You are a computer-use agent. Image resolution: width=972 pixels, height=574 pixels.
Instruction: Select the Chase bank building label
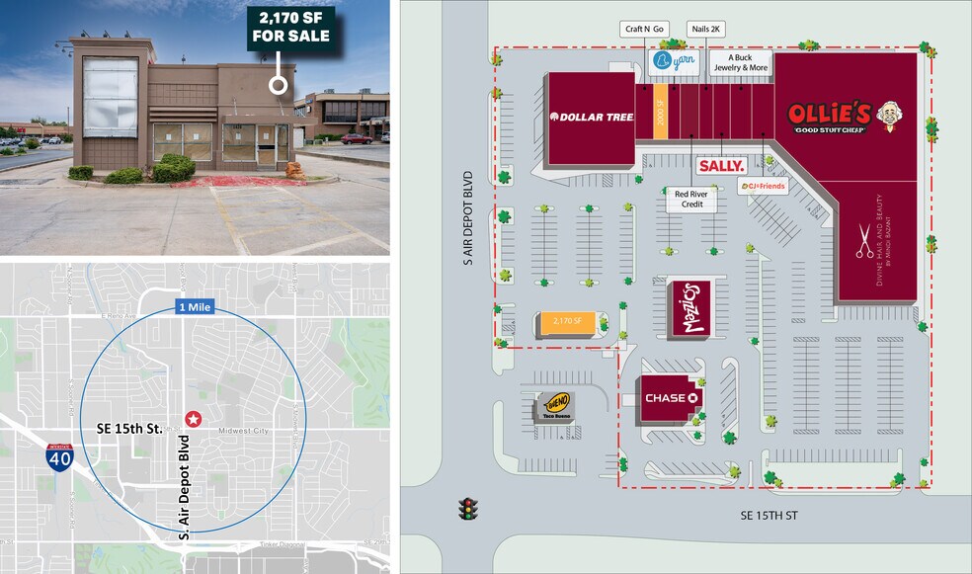click(x=672, y=398)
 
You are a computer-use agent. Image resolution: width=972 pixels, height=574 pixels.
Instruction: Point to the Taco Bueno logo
click(x=554, y=404)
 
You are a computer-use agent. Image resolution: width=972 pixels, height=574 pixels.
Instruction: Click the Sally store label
click(x=721, y=166)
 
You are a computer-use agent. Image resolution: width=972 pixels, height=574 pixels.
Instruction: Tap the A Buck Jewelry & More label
click(x=747, y=62)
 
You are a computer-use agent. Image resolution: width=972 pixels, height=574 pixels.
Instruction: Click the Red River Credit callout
click(x=688, y=200)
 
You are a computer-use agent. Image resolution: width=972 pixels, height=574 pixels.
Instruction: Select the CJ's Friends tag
click(x=763, y=188)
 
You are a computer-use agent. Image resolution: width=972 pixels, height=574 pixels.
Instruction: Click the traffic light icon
click(x=469, y=509)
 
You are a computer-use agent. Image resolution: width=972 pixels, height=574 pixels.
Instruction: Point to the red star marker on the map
click(x=193, y=419)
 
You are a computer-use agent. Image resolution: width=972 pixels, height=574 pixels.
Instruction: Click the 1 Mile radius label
click(x=194, y=306)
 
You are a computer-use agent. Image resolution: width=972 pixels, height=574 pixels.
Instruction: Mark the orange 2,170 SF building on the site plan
click(x=566, y=322)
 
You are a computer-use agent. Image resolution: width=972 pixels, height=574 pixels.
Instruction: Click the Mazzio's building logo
click(x=688, y=308)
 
